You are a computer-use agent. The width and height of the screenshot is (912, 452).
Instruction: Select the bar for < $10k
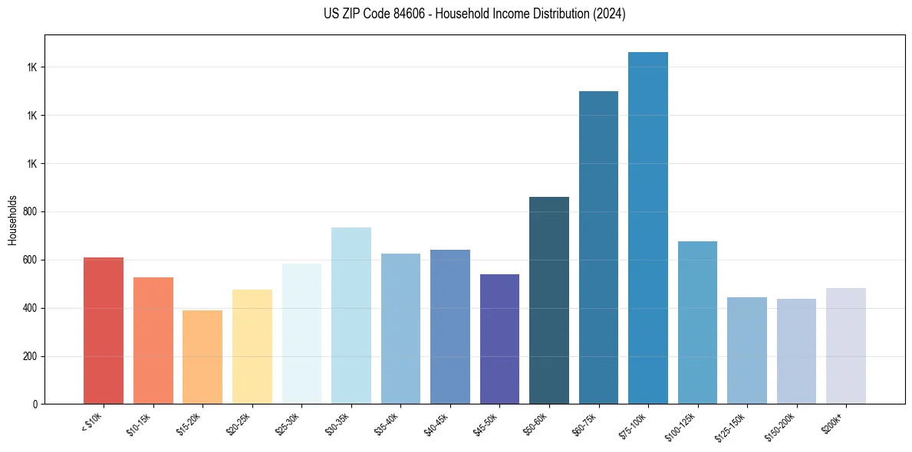point(104,331)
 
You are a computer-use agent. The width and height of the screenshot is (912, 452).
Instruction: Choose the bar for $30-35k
point(351,316)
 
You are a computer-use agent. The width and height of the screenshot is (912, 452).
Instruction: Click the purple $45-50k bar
point(499,339)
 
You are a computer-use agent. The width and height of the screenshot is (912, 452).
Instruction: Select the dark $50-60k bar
point(549,300)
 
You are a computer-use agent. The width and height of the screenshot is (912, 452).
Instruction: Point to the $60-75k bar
point(598,247)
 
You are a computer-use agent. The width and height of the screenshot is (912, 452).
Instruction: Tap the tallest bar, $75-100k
point(648,228)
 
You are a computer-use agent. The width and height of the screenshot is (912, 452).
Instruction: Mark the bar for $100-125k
point(697,323)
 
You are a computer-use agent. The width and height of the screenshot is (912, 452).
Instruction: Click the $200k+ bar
point(846,346)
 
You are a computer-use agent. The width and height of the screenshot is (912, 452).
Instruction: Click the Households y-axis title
point(12,220)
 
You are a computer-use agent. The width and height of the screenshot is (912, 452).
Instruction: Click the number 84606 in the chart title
point(403,14)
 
